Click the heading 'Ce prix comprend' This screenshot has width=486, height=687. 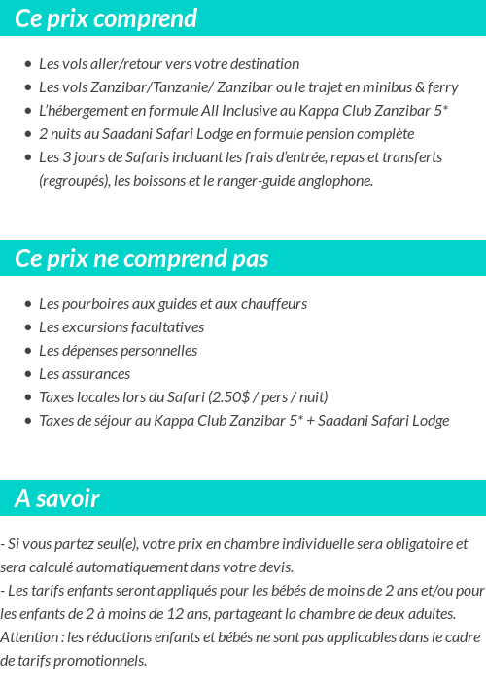tap(106, 18)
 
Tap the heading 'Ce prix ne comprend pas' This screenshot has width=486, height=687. tap(142, 258)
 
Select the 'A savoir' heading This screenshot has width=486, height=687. tap(57, 498)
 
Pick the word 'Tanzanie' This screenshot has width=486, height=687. tap(171, 87)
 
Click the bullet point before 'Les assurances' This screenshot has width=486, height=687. tap(27, 374)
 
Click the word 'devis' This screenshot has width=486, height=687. tap(275, 567)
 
